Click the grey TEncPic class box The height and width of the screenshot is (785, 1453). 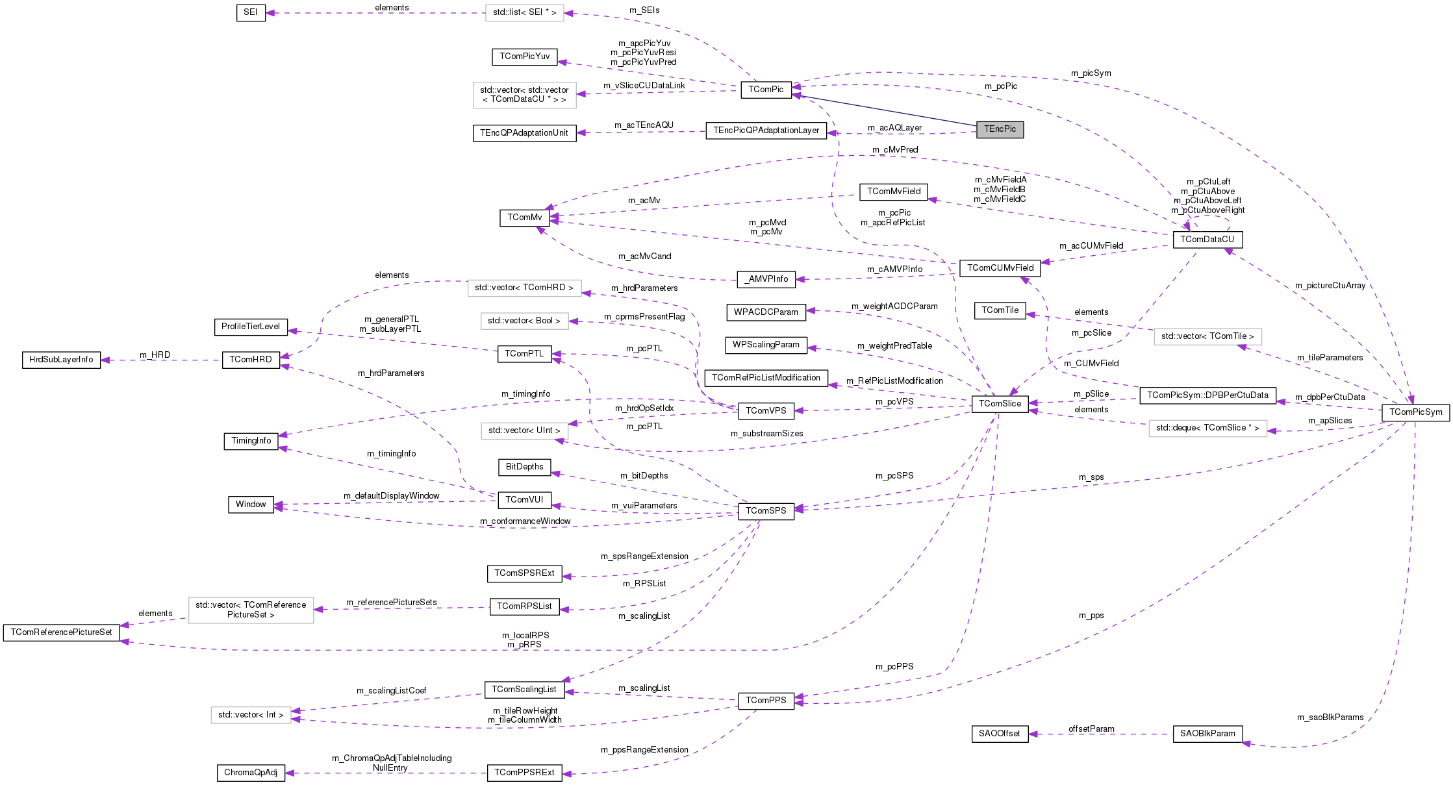pyautogui.click(x=1000, y=129)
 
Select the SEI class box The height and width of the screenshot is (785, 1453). pyautogui.click(x=251, y=12)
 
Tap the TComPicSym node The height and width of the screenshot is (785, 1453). pyautogui.click(x=1415, y=412)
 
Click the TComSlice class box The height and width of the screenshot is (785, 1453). pyautogui.click(x=1000, y=404)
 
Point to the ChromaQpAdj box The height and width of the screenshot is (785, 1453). pyautogui.click(x=251, y=773)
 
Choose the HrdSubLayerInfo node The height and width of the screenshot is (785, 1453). pyautogui.click(x=61, y=360)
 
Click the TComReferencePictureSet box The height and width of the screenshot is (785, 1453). pyautogui.click(x=61, y=632)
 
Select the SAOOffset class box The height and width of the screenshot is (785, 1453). pyautogui.click(x=1000, y=734)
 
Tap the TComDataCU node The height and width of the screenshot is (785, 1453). pyautogui.click(x=1207, y=240)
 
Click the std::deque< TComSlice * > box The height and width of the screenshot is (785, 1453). pyautogui.click(x=1207, y=428)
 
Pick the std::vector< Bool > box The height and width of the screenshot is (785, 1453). pyautogui.click(x=524, y=321)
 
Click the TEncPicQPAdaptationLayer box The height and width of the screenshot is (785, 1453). pyautogui.click(x=766, y=131)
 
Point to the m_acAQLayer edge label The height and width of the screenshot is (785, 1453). pyautogui.click(x=894, y=128)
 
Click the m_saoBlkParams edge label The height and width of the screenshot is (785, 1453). pyautogui.click(x=1330, y=717)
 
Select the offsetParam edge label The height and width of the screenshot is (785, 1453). pyautogui.click(x=1091, y=729)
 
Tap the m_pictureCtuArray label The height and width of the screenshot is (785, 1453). pyautogui.click(x=1330, y=286)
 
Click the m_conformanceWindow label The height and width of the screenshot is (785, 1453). pyautogui.click(x=525, y=521)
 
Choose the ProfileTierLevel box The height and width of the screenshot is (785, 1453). pyautogui.click(x=251, y=327)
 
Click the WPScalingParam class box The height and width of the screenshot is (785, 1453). pyautogui.click(x=766, y=345)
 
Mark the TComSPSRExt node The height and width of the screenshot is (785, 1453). pyautogui.click(x=524, y=573)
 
